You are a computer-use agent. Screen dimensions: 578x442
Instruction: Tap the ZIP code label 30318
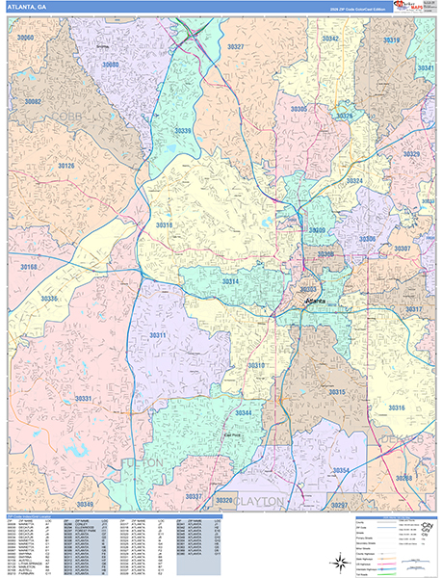164,225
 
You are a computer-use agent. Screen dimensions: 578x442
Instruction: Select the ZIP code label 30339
183,130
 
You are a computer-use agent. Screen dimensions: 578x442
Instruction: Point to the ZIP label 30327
235,47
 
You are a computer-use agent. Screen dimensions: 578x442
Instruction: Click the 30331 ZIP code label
84,399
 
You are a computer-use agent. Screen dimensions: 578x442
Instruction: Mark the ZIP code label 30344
244,412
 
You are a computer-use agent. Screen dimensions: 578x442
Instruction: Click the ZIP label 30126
65,167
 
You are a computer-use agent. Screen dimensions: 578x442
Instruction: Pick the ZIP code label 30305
299,110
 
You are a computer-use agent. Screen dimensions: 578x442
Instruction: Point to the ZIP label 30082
34,101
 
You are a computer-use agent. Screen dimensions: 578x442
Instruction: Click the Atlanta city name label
316,301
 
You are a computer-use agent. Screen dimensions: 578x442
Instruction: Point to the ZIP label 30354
342,470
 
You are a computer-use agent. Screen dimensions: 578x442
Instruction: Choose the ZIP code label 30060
24,38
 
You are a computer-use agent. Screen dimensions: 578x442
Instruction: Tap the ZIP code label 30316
397,408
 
